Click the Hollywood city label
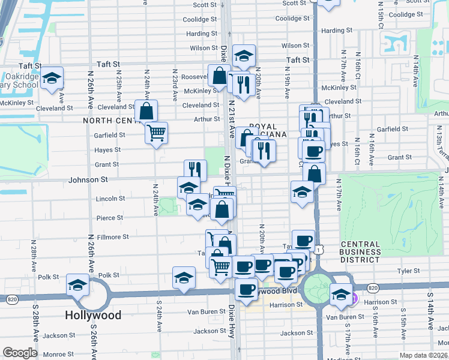click(x=93, y=315)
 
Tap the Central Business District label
click(x=360, y=252)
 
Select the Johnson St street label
click(x=88, y=179)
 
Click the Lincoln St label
click(x=110, y=199)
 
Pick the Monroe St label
click(x=58, y=355)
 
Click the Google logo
click(x=20, y=353)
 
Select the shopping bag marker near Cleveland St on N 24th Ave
click(x=146, y=110)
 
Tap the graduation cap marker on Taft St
click(x=244, y=56)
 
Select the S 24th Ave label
click(x=160, y=314)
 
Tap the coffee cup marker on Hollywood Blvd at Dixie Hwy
click(x=246, y=289)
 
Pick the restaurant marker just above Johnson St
click(x=195, y=170)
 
